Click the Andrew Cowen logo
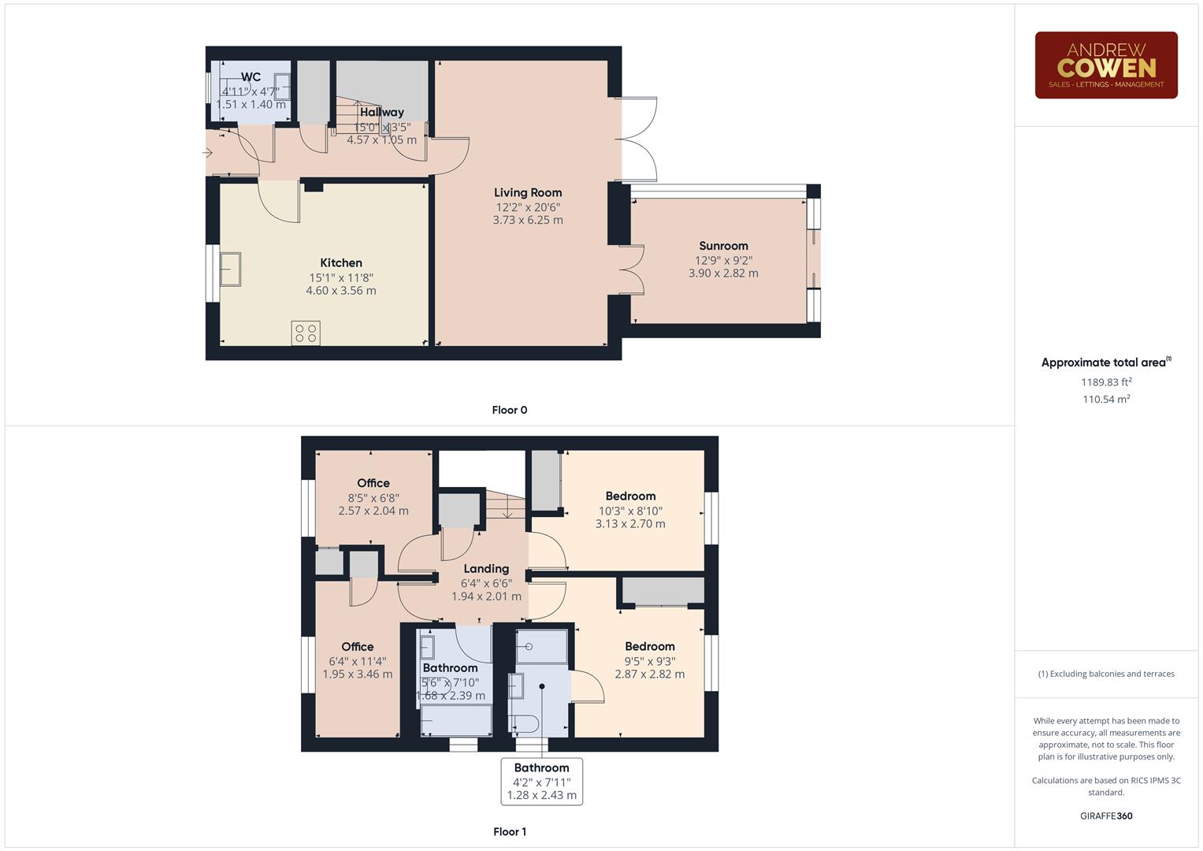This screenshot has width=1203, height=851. point(1105,65)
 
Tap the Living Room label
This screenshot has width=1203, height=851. point(528,193)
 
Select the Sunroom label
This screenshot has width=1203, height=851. point(723,246)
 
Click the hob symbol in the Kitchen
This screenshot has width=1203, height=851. point(306,333)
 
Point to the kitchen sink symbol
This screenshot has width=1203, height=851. point(231,269)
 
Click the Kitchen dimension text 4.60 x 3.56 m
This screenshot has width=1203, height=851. point(341,291)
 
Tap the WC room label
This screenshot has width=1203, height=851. point(251,77)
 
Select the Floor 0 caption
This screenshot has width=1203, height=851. point(510,410)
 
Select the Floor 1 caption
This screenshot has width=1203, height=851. point(510,831)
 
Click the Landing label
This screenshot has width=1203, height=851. point(486,569)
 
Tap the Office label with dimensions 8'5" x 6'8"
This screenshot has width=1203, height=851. point(373,484)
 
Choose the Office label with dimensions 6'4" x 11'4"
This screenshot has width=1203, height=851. point(358,647)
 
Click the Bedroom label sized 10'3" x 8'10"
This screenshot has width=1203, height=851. point(630,496)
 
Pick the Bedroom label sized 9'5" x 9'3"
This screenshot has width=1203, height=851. point(649,647)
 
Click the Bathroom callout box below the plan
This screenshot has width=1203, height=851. point(542,781)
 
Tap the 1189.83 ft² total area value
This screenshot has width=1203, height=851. point(1106,382)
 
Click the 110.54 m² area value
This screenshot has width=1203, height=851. point(1106,399)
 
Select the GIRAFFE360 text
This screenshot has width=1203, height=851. point(1106,816)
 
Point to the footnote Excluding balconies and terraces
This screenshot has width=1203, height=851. point(1106,674)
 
